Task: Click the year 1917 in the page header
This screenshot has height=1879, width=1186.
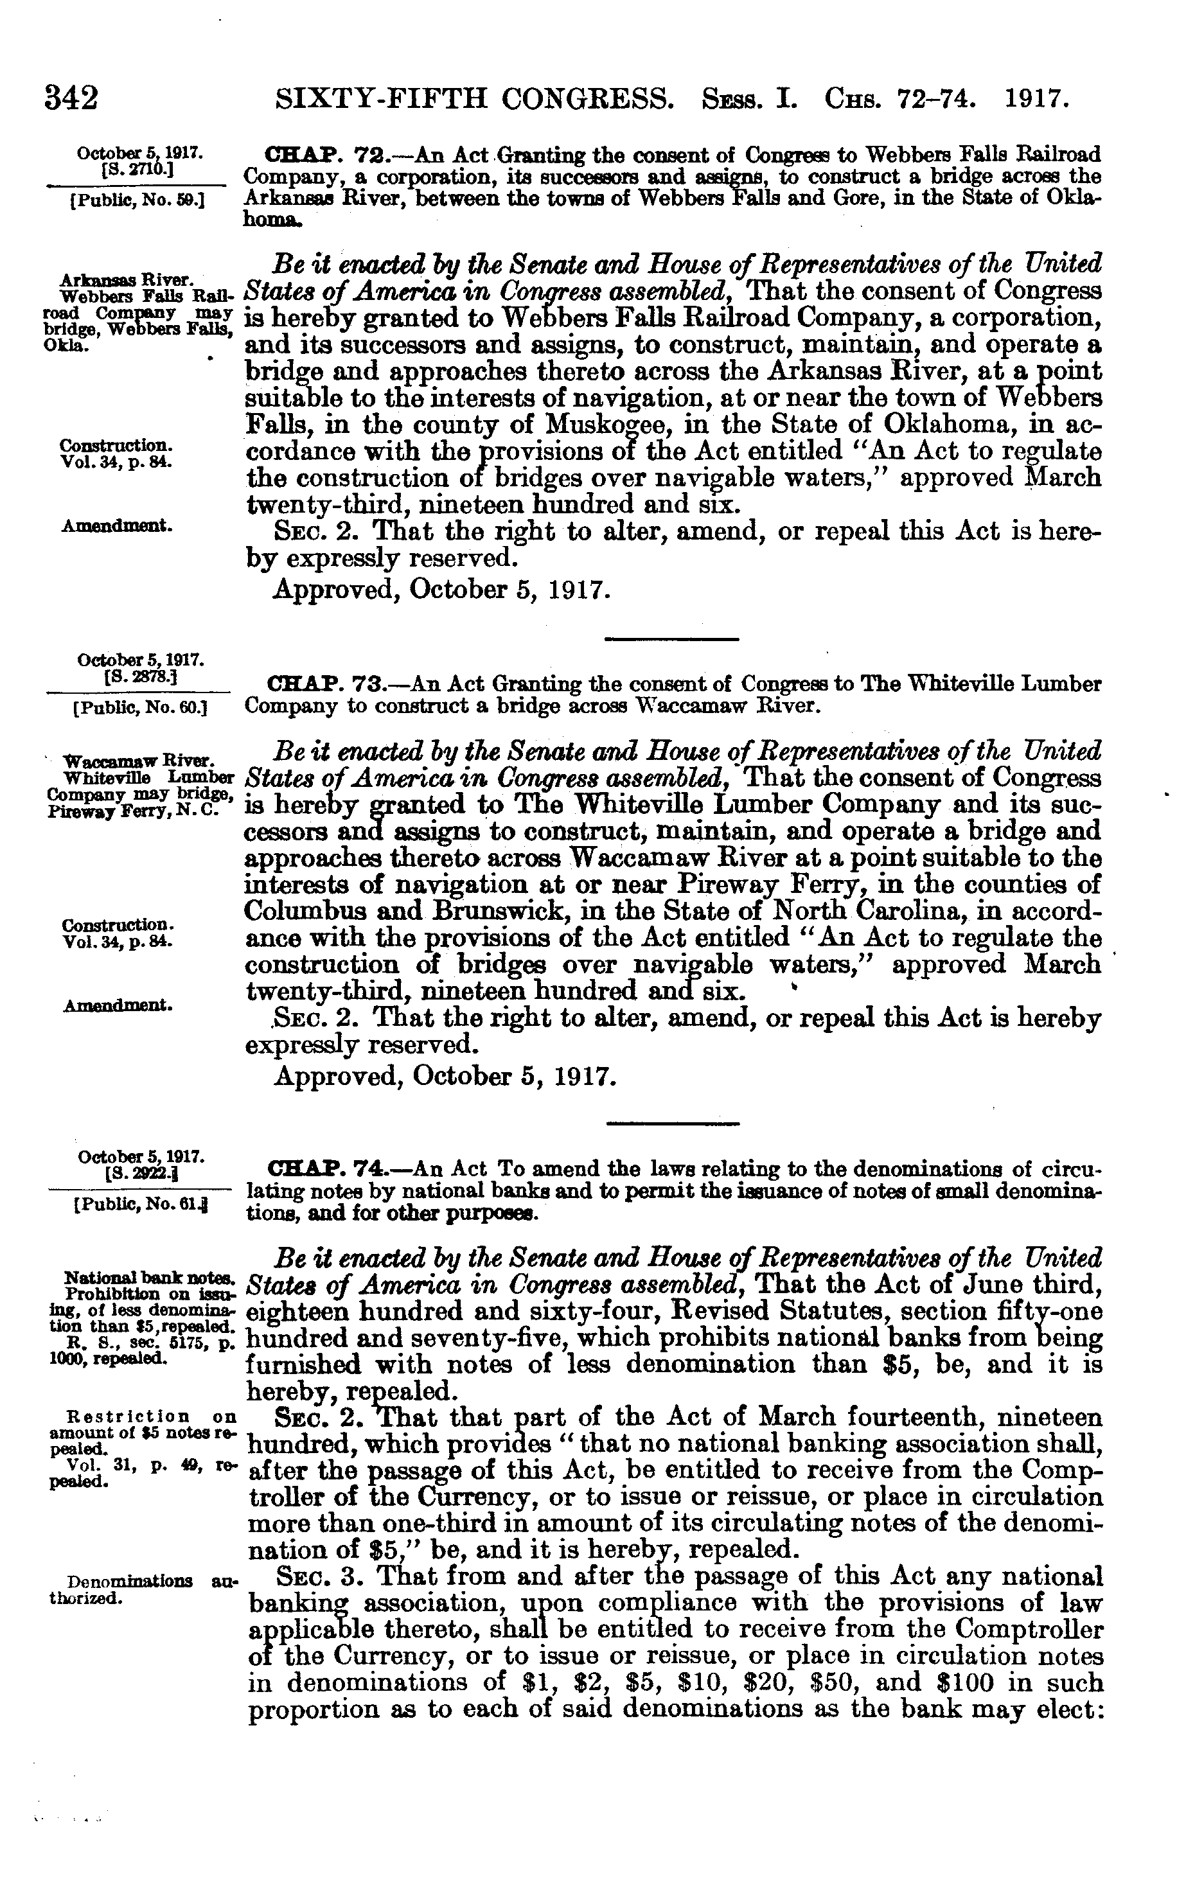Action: coord(1036,99)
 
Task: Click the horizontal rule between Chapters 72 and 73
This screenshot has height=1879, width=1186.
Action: coord(672,640)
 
